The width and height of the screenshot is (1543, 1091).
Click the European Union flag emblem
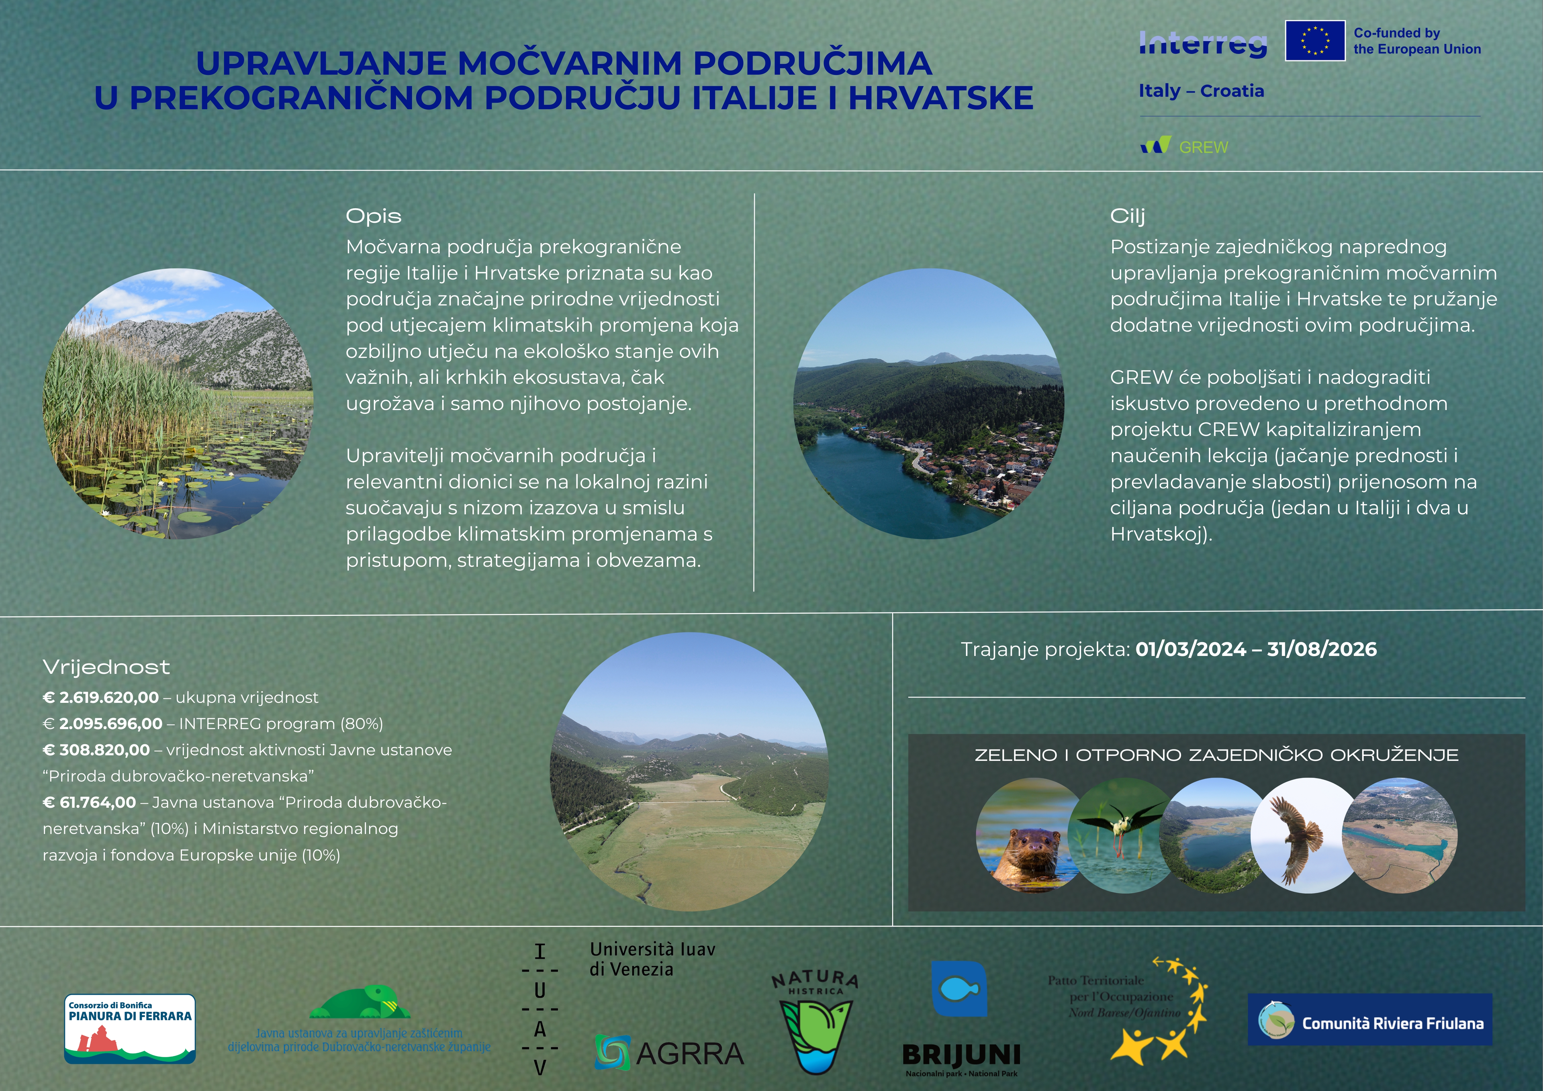1315,40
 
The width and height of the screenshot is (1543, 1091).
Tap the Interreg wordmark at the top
1203,44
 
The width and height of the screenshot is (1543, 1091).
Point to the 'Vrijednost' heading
106,667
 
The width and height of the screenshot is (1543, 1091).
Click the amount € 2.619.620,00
101,697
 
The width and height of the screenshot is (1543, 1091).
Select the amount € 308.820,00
96,750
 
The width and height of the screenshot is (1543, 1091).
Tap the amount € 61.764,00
89,802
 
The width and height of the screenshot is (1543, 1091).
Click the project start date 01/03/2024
1191,649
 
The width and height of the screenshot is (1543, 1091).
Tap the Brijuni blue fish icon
959,988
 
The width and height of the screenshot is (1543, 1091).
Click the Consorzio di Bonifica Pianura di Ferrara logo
130,1029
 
